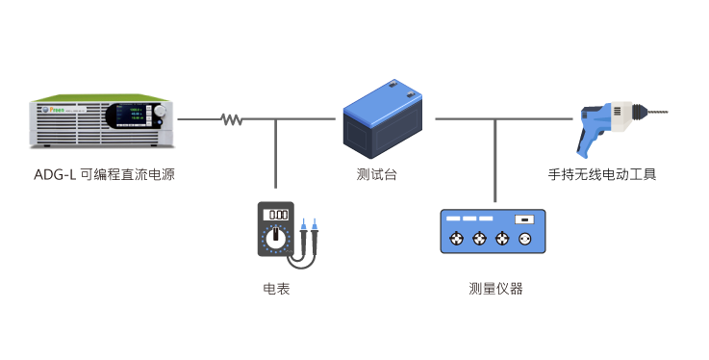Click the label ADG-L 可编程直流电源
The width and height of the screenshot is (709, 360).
[x=104, y=174]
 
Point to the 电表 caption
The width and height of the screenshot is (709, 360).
[x=276, y=288]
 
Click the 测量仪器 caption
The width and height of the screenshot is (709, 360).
[x=495, y=288]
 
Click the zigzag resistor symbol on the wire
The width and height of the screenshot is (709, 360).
[x=231, y=120]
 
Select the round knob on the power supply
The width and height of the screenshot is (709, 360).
[x=160, y=114]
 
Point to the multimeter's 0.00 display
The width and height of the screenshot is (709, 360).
[x=276, y=214]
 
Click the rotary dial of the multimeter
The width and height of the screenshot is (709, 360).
[x=276, y=237]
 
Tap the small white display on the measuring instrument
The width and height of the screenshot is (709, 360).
[x=524, y=220]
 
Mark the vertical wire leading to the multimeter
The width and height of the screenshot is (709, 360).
[x=276, y=154]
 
